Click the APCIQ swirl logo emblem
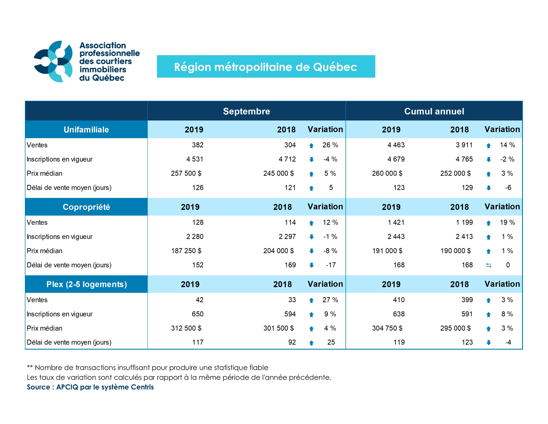pos(53,62)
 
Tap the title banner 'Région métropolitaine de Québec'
pos(266,67)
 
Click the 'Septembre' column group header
pos(246,111)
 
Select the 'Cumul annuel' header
pos(434,111)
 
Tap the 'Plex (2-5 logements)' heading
pos(87,284)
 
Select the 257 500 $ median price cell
pos(186,173)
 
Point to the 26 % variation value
pos(330,145)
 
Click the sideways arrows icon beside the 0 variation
pos(488,265)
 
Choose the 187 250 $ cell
pos(186,251)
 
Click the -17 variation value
pos(330,265)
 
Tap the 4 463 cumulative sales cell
pos(396,145)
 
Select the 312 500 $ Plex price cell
pos(186,328)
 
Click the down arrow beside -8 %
pos(311,251)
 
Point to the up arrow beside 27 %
pos(311,300)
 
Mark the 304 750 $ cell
pos(387,328)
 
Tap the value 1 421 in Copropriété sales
pos(396,222)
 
